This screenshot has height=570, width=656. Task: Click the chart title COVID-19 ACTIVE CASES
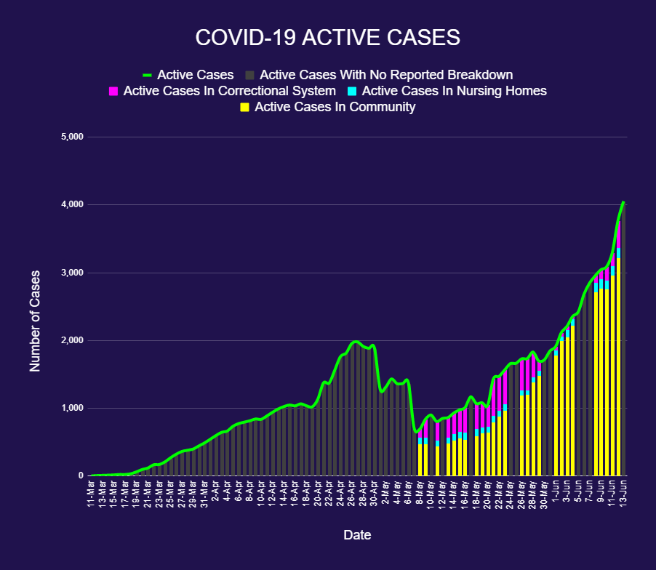327,38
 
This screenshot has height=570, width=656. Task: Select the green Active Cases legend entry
188,75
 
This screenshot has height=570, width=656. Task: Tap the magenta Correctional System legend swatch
113,92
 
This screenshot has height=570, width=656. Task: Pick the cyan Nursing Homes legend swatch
352,92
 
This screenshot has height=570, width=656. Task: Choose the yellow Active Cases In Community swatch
244,108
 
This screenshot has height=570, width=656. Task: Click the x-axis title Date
357,535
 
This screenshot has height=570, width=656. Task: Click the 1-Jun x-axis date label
556,494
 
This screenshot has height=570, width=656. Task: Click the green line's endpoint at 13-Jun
624,202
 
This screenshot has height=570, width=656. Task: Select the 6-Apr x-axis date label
239,494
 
